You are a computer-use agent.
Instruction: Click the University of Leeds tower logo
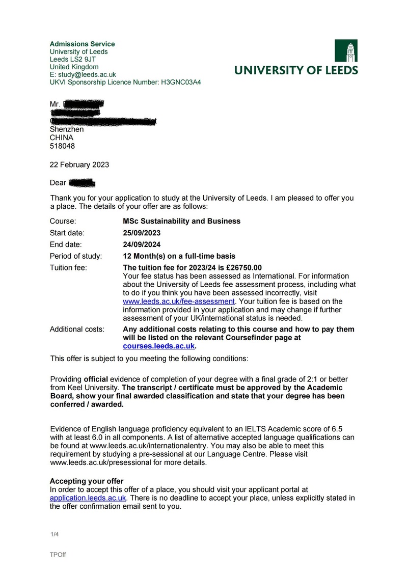click(x=346, y=51)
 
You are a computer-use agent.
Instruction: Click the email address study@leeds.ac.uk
click(x=86, y=74)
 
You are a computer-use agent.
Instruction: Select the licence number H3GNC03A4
click(x=180, y=82)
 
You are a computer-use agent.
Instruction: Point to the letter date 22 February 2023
click(x=79, y=164)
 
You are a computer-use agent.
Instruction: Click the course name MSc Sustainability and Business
click(x=181, y=221)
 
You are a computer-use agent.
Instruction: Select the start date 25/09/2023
click(x=142, y=233)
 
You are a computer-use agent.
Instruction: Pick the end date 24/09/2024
click(x=142, y=244)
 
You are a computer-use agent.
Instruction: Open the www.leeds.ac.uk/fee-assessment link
click(x=179, y=301)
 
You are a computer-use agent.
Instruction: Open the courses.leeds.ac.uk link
click(x=159, y=346)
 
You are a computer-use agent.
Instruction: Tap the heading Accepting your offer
click(x=86, y=481)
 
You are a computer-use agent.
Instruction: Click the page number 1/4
click(x=55, y=534)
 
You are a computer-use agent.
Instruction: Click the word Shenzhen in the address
click(x=66, y=129)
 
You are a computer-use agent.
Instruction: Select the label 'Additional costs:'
click(x=76, y=330)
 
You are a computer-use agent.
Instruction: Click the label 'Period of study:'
click(x=75, y=256)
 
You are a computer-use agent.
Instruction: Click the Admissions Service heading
click(x=82, y=44)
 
